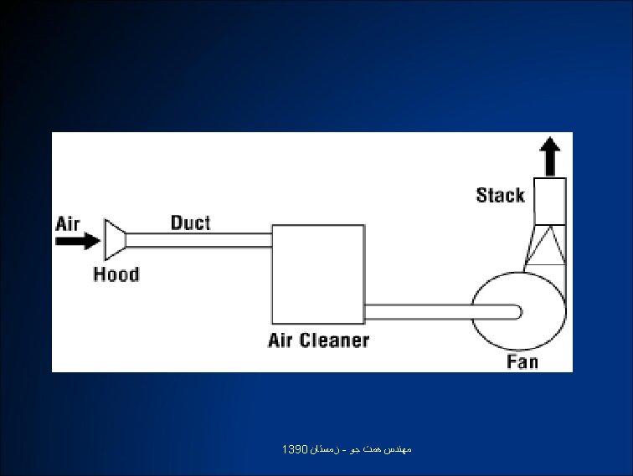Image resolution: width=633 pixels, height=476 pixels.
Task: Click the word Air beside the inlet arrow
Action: pyautogui.click(x=68, y=223)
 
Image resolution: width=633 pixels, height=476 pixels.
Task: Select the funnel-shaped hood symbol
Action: pyautogui.click(x=115, y=240)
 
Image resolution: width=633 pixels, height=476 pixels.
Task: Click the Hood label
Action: pyautogui.click(x=116, y=274)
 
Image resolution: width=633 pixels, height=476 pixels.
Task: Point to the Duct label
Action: pyautogui.click(x=191, y=223)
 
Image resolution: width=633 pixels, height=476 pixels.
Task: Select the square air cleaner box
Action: pyautogui.click(x=317, y=274)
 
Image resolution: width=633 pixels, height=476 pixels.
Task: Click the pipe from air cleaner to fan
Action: pyautogui.click(x=419, y=311)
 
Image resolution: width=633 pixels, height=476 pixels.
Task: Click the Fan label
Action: pyautogui.click(x=522, y=361)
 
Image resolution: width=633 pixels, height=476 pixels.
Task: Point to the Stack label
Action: pyautogui.click(x=500, y=195)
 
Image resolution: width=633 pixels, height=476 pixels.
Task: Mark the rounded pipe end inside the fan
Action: pyautogui.click(x=517, y=311)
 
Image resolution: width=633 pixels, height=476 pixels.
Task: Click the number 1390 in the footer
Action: pyautogui.click(x=296, y=450)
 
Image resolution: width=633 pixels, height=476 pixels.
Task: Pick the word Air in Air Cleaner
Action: pyautogui.click(x=280, y=340)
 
